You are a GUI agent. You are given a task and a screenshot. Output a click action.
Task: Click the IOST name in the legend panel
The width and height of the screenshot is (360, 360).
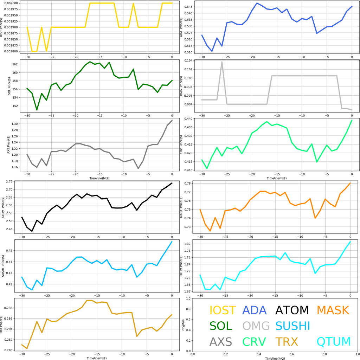pos(223,310)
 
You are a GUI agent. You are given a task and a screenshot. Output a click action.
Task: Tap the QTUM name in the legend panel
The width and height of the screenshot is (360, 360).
pos(334,341)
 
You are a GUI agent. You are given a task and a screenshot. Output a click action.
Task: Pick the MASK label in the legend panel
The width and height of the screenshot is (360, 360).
pos(333,310)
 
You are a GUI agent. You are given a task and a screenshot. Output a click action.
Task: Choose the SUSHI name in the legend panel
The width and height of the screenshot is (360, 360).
pos(292,326)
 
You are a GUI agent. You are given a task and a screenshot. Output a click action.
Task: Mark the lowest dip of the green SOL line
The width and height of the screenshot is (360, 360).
pos(37,110)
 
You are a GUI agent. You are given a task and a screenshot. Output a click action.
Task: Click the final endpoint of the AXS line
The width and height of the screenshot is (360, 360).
pos(172,120)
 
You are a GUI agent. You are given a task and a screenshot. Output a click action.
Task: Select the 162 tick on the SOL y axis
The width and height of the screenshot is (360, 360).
pos(15,64)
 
